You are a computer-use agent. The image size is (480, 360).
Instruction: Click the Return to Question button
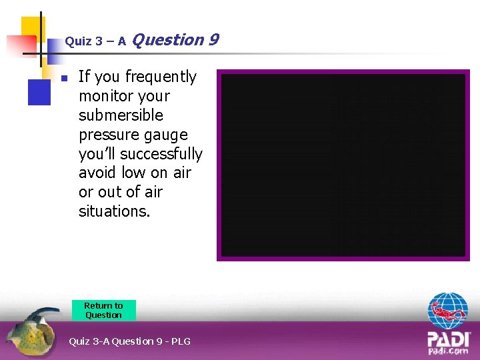coord(103,310)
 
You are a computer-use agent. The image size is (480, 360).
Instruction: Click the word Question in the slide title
coord(168,40)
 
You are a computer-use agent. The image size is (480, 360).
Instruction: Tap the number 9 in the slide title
coord(213,40)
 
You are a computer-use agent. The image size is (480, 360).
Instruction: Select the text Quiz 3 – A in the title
coord(95,41)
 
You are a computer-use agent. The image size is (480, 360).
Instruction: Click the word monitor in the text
coord(105,97)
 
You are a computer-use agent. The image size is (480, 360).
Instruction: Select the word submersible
coord(121,115)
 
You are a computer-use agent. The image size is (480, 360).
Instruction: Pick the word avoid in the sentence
coord(98,173)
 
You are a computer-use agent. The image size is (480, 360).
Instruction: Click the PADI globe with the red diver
coord(448,311)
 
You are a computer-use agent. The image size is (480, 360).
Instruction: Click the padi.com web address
coord(448,351)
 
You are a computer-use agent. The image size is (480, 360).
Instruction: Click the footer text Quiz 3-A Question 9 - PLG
coord(129,341)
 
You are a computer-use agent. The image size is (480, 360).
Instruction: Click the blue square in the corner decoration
coord(39,91)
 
